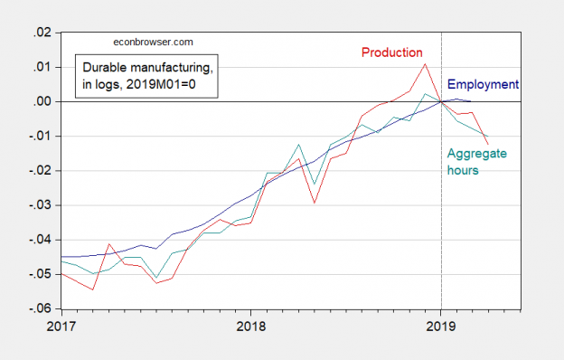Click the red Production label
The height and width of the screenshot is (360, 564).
pos(393,52)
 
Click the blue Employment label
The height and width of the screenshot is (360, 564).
pos(484,85)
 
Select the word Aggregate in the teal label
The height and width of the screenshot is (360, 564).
pos(476,154)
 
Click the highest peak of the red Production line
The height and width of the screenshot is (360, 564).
pos(425,63)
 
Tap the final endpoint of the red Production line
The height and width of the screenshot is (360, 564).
pos(489,144)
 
